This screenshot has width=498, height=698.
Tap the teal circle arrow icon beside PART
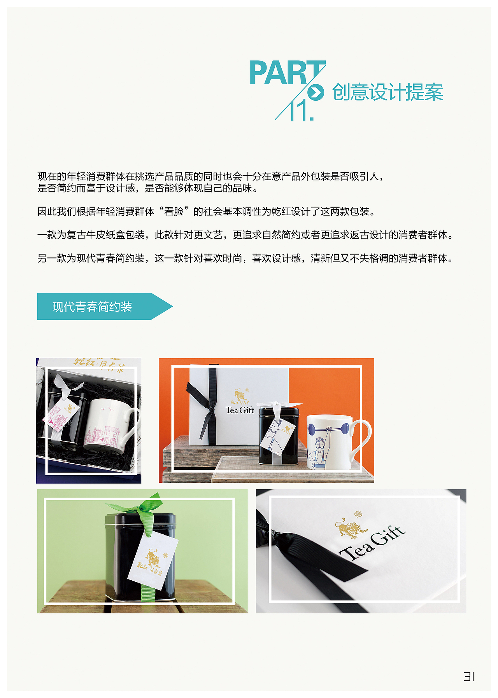coord(316,92)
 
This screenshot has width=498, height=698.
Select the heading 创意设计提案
coord(388,92)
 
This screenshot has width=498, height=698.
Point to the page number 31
coord(469,677)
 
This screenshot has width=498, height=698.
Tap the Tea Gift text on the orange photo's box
coord(240,410)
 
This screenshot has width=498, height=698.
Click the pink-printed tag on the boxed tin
coord(62,416)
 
